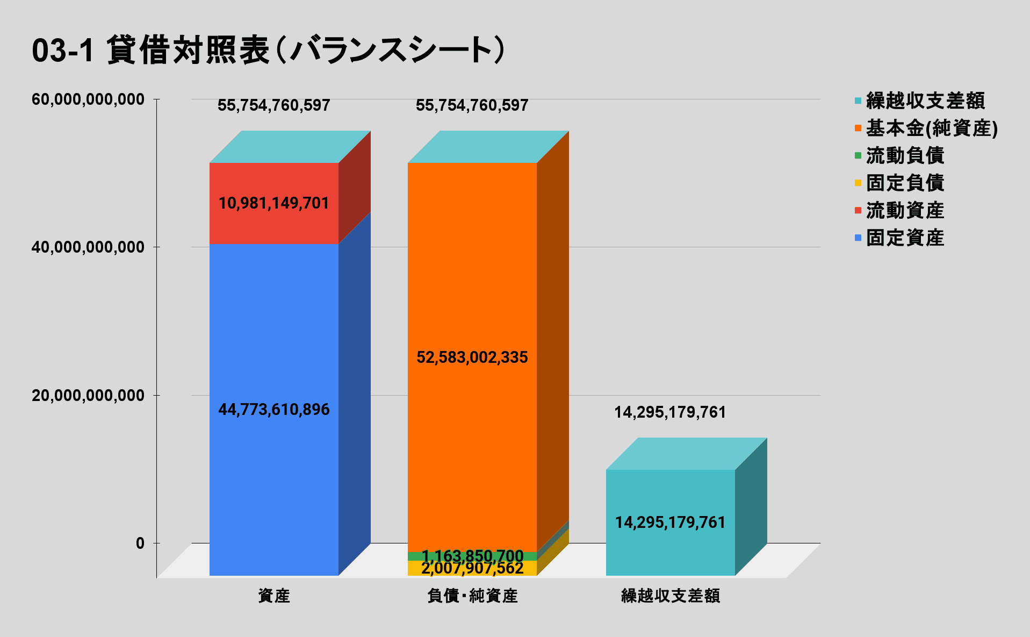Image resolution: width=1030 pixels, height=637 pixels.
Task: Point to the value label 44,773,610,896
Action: pyautogui.click(x=273, y=410)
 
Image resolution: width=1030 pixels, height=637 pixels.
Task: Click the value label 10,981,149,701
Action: pyautogui.click(x=273, y=203)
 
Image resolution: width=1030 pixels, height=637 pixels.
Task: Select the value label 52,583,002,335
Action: pyautogui.click(x=472, y=357)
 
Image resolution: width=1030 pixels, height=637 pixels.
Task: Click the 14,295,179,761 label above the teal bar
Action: pyautogui.click(x=670, y=412)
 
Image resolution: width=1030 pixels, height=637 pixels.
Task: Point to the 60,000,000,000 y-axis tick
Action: pyautogui.click(x=88, y=99)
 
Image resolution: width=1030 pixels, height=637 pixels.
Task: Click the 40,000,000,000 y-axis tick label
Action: pyautogui.click(x=88, y=247)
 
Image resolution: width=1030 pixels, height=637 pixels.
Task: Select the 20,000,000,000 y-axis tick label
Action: pyautogui.click(x=88, y=396)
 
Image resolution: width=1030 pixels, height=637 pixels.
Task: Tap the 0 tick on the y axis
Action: pyautogui.click(x=140, y=543)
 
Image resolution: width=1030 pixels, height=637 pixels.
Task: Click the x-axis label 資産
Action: pyautogui.click(x=273, y=596)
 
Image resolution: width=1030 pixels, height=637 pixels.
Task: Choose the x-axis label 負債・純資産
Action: pyautogui.click(x=472, y=596)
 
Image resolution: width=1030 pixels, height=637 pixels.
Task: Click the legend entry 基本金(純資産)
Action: pyautogui.click(x=931, y=128)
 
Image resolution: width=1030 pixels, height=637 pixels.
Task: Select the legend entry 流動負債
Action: pyautogui.click(x=905, y=155)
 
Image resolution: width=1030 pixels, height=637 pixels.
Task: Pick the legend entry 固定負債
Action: pyautogui.click(x=905, y=183)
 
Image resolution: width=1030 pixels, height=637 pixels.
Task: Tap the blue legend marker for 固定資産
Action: pyautogui.click(x=858, y=238)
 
